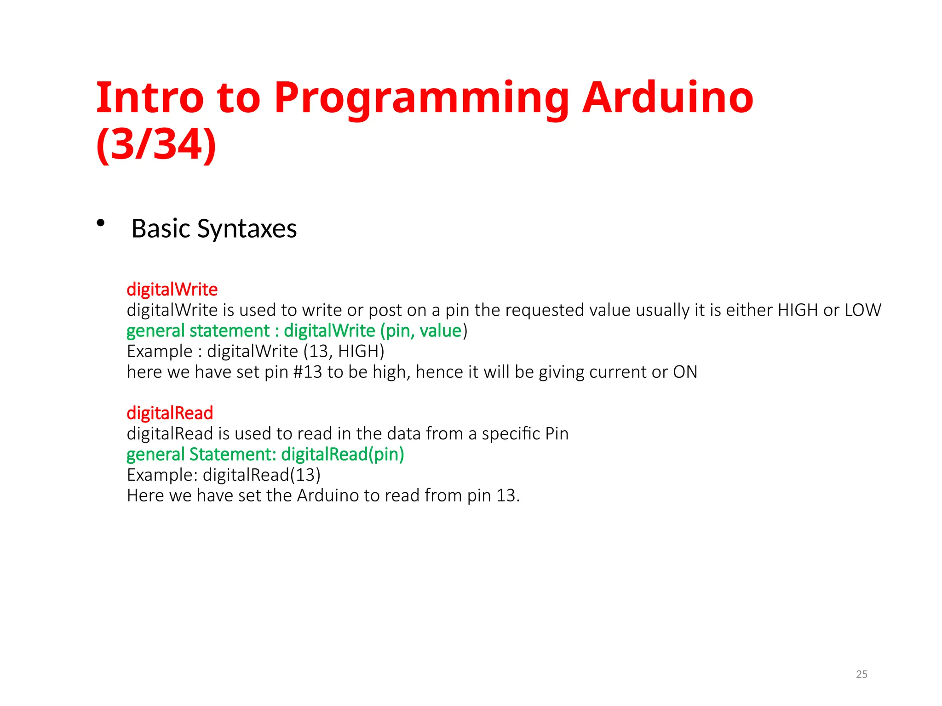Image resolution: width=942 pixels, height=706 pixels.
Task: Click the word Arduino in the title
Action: tap(667, 98)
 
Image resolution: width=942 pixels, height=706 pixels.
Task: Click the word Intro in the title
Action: tap(149, 98)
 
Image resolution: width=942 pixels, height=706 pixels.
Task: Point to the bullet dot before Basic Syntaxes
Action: tap(101, 223)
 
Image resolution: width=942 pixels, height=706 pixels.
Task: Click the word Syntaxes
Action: tap(247, 229)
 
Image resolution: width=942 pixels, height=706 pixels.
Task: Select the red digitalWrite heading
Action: tap(172, 290)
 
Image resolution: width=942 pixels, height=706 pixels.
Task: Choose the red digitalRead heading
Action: tap(170, 413)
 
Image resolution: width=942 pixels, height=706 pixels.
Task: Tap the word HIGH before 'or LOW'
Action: tap(798, 310)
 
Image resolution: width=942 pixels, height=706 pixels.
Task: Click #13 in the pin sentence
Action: tap(307, 372)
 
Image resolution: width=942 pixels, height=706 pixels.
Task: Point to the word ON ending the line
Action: tap(685, 372)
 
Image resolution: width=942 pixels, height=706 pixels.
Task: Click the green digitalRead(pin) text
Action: tap(343, 455)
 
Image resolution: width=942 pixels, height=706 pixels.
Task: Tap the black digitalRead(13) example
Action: tap(261, 475)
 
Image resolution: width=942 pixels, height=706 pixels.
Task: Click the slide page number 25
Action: tap(862, 674)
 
